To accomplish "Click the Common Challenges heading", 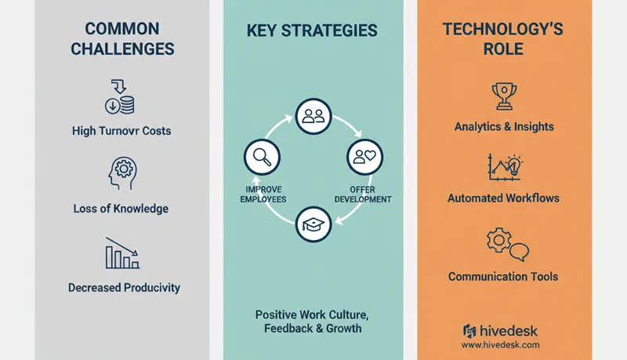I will (x=122, y=39).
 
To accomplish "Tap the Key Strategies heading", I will (x=312, y=31).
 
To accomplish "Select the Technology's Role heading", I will (x=503, y=39).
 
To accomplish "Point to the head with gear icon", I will (x=121, y=173).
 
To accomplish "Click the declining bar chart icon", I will (x=121, y=253).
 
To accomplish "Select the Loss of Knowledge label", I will (x=122, y=209).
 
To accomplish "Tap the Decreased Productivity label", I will (x=124, y=288).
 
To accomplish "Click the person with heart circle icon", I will (x=364, y=156).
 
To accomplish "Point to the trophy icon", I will (x=503, y=96).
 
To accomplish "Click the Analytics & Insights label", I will (x=503, y=126).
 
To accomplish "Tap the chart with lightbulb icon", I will (x=503, y=168).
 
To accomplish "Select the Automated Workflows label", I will (x=503, y=198).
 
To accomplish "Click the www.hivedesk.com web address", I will (x=500, y=344).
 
